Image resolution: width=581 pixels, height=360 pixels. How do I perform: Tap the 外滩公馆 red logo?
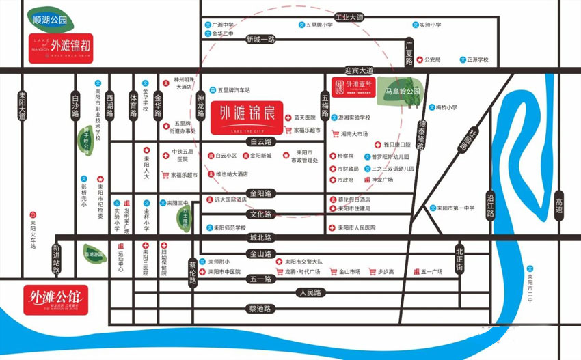55,299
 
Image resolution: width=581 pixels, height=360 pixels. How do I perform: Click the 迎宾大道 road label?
359,70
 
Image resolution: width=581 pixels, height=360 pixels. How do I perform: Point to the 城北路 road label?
260,238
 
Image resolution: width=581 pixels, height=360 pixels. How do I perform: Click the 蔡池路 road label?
260,309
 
